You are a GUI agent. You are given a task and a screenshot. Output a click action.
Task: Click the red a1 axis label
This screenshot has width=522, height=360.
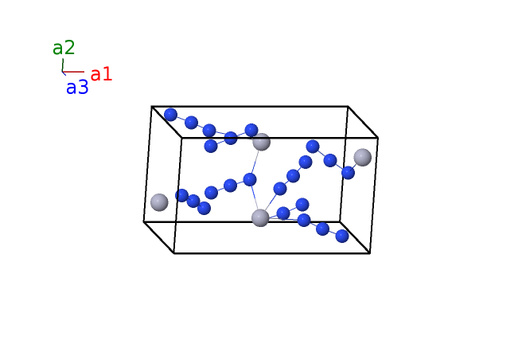101,74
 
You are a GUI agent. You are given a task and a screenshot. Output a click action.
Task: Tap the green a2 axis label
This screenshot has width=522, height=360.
64,48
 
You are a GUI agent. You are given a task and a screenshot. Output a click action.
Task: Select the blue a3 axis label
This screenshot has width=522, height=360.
77,88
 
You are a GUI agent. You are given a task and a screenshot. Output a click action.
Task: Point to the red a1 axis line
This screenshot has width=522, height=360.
73,72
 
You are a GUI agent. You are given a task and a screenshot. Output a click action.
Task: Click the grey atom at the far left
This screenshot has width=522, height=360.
159,202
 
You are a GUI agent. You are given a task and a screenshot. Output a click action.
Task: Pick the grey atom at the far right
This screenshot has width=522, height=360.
363,158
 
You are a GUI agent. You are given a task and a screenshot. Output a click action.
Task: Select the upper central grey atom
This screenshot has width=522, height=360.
261,142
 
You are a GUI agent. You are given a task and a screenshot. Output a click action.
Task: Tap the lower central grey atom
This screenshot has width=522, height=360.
260,218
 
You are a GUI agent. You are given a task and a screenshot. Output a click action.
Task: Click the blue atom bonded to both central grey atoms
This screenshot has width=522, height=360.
250,179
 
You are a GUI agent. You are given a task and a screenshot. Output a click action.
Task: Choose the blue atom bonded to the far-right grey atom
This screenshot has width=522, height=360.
349,173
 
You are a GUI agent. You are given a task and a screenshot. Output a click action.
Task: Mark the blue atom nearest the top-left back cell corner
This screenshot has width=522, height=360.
171,115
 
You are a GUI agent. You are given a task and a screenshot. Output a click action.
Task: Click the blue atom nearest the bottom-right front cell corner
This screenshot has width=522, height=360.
342,236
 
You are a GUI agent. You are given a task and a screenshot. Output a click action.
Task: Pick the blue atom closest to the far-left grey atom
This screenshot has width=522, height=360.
181,195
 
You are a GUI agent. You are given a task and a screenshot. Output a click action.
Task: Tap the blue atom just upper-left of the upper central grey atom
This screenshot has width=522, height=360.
251,131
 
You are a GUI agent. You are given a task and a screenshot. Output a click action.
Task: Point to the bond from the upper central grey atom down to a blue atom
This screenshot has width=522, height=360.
255,162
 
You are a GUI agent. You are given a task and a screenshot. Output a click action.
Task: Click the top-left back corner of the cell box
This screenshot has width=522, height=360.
152,107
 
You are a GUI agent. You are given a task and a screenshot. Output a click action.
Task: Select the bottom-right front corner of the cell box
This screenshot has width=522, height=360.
370,253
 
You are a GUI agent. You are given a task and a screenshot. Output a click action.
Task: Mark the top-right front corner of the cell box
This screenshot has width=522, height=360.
378,137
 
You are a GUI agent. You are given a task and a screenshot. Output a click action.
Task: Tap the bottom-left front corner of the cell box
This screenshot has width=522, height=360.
173,253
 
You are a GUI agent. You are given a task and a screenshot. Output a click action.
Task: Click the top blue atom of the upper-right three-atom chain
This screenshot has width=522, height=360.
313,147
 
